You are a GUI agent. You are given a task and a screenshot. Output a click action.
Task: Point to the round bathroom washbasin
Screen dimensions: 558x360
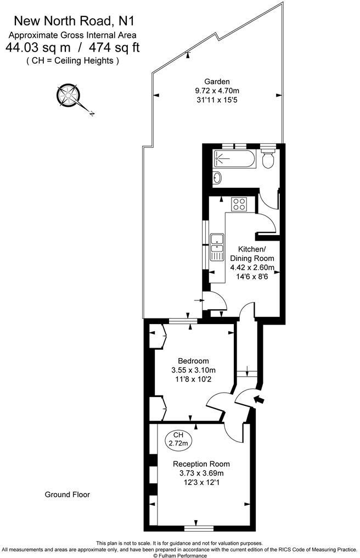coord(217,177)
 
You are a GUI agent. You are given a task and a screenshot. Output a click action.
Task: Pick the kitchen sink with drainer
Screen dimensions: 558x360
coord(217,247)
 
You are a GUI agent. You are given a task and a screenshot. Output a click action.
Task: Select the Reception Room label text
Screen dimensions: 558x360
coord(201,464)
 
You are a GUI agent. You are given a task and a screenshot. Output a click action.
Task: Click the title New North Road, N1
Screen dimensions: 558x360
coord(74,21)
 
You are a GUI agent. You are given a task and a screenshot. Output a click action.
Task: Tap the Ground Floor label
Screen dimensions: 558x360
coord(67,494)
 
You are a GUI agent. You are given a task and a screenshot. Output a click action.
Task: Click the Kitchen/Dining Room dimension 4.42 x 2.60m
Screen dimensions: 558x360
coord(252,268)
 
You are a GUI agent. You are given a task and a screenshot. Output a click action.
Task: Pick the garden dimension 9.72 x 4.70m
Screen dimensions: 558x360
coord(217,91)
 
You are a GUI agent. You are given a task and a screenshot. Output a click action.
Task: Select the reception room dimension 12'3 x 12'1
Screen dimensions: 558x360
coord(201,482)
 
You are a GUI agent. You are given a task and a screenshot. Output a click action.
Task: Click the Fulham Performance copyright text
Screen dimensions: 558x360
coord(179,555)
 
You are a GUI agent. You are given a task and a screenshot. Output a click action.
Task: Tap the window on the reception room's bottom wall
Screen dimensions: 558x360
coord(199,528)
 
